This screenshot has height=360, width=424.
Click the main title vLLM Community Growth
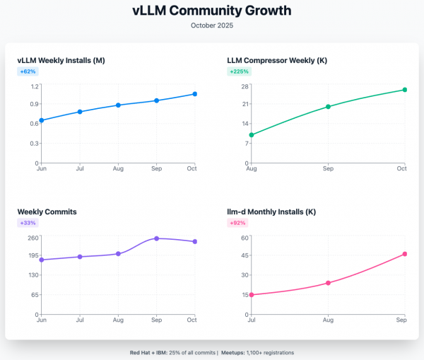click(x=212, y=11)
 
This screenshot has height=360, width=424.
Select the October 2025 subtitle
click(x=212, y=25)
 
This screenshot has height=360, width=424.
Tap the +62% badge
click(x=28, y=71)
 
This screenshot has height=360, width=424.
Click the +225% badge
click(x=238, y=71)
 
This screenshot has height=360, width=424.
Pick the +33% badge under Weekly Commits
click(x=28, y=223)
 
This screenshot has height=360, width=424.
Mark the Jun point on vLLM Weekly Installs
click(x=41, y=120)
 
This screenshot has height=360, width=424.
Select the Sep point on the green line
click(x=328, y=107)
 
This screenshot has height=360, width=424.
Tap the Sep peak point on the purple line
click(x=156, y=238)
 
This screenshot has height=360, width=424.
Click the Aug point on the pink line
click(x=328, y=283)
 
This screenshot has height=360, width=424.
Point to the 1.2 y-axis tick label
click(x=35, y=86)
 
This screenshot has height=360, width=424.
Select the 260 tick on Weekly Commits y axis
click(x=33, y=238)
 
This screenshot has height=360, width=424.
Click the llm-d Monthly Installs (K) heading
click(x=271, y=211)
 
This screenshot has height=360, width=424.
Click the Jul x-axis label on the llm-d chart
click(x=252, y=320)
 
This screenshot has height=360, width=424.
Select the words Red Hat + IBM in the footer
click(x=148, y=352)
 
